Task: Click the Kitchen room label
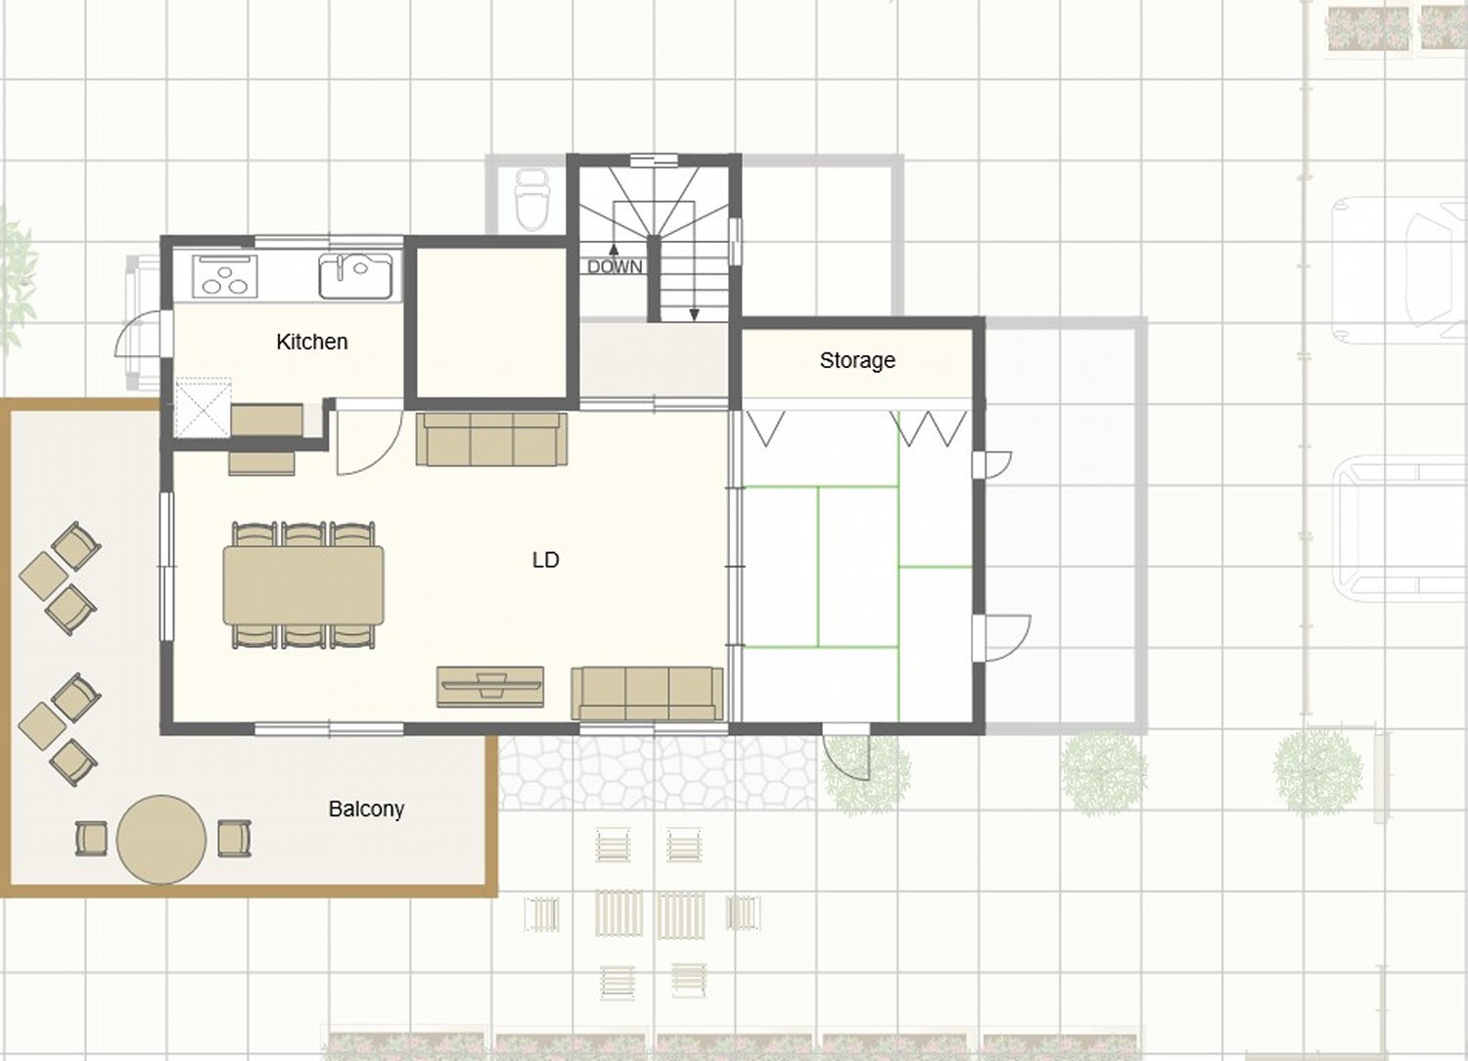tap(312, 342)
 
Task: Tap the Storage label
tap(857, 360)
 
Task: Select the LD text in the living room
tap(545, 560)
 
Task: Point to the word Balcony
tap(366, 809)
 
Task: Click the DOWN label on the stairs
tap(615, 267)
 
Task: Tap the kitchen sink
tap(355, 275)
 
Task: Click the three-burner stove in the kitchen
tap(225, 276)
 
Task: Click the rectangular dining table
tap(302, 584)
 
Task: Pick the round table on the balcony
tap(161, 839)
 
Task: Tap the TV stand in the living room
tap(490, 687)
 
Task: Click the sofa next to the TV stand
tap(647, 694)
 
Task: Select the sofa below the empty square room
tap(491, 439)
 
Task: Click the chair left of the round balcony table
tap(91, 838)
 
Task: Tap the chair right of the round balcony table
tap(234, 838)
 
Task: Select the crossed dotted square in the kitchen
tap(204, 407)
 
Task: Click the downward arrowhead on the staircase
tap(694, 314)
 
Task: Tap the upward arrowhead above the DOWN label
tap(614, 250)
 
